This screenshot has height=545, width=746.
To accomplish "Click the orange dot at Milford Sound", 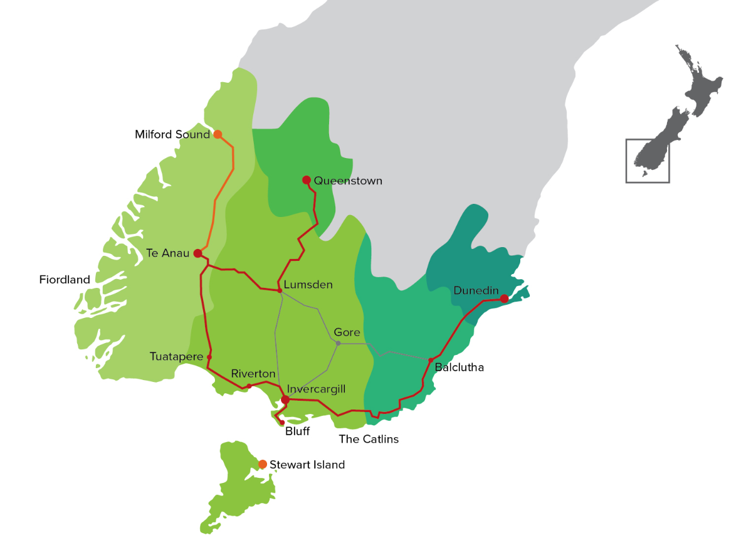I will pyautogui.click(x=218, y=134).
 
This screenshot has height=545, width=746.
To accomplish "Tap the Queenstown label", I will pyautogui.click(x=348, y=181).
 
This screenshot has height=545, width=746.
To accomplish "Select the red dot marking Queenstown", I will pyautogui.click(x=306, y=180).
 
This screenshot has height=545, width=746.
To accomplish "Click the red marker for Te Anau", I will pyautogui.click(x=197, y=253).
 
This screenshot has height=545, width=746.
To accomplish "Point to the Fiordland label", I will pyautogui.click(x=65, y=280).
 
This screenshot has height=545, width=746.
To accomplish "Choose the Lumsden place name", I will pyautogui.click(x=308, y=285).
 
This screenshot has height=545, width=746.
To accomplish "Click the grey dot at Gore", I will pyautogui.click(x=338, y=343).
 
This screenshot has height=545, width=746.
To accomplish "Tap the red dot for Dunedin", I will pyautogui.click(x=504, y=299).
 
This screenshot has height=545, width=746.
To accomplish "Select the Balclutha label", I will pyautogui.click(x=459, y=368).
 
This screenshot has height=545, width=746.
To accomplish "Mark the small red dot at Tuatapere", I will pyautogui.click(x=209, y=357).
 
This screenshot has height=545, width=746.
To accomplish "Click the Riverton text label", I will pyautogui.click(x=253, y=374).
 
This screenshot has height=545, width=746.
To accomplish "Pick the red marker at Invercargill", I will pyautogui.click(x=285, y=399).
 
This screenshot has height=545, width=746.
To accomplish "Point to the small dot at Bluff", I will pyautogui.click(x=282, y=423).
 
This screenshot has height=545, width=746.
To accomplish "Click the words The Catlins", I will pyautogui.click(x=369, y=439).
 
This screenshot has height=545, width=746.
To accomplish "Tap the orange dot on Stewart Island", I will pyautogui.click(x=263, y=464).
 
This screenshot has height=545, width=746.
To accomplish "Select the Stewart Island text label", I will pyautogui.click(x=307, y=465).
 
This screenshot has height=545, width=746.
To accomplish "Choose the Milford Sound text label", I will pyautogui.click(x=172, y=134).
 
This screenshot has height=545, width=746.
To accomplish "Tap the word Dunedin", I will pyautogui.click(x=476, y=290).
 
